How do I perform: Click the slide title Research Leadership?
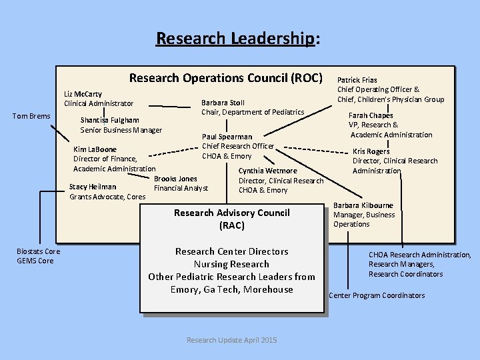(x=235, y=39)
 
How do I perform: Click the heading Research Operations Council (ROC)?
(x=225, y=77)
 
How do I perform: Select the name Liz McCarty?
(x=83, y=95)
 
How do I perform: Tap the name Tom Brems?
(x=31, y=117)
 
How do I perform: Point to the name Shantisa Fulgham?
(x=109, y=120)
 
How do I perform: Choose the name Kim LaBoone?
(x=95, y=149)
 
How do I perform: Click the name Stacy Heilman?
(x=93, y=187)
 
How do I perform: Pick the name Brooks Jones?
(x=175, y=179)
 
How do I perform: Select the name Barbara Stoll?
(x=223, y=103)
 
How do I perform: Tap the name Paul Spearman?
(x=227, y=137)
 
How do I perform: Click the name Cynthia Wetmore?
(x=267, y=171)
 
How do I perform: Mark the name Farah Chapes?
(x=371, y=115)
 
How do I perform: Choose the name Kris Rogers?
(x=371, y=151)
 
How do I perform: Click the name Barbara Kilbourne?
(x=363, y=205)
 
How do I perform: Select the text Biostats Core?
(x=38, y=251)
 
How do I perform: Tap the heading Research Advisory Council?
(x=231, y=213)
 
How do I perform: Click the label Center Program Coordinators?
(x=377, y=295)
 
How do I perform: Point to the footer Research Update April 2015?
(x=231, y=340)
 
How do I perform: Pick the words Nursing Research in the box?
(x=231, y=264)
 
